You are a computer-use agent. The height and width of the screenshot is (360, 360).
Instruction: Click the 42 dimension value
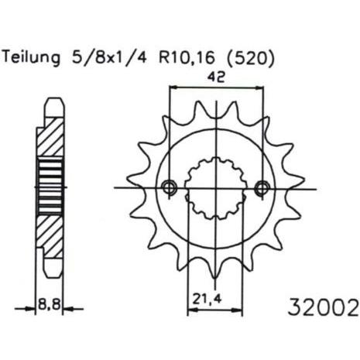coord(216,77)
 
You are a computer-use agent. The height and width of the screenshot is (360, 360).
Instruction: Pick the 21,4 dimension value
coord(207,300)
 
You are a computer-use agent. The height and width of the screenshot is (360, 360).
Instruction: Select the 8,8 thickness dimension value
coord(49,304)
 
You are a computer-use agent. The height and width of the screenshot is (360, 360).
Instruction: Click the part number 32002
coord(324,307)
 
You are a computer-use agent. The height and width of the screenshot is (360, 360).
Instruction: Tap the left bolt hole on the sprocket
coord(170,187)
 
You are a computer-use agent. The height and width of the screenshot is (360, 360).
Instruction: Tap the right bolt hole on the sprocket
coord(262,188)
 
